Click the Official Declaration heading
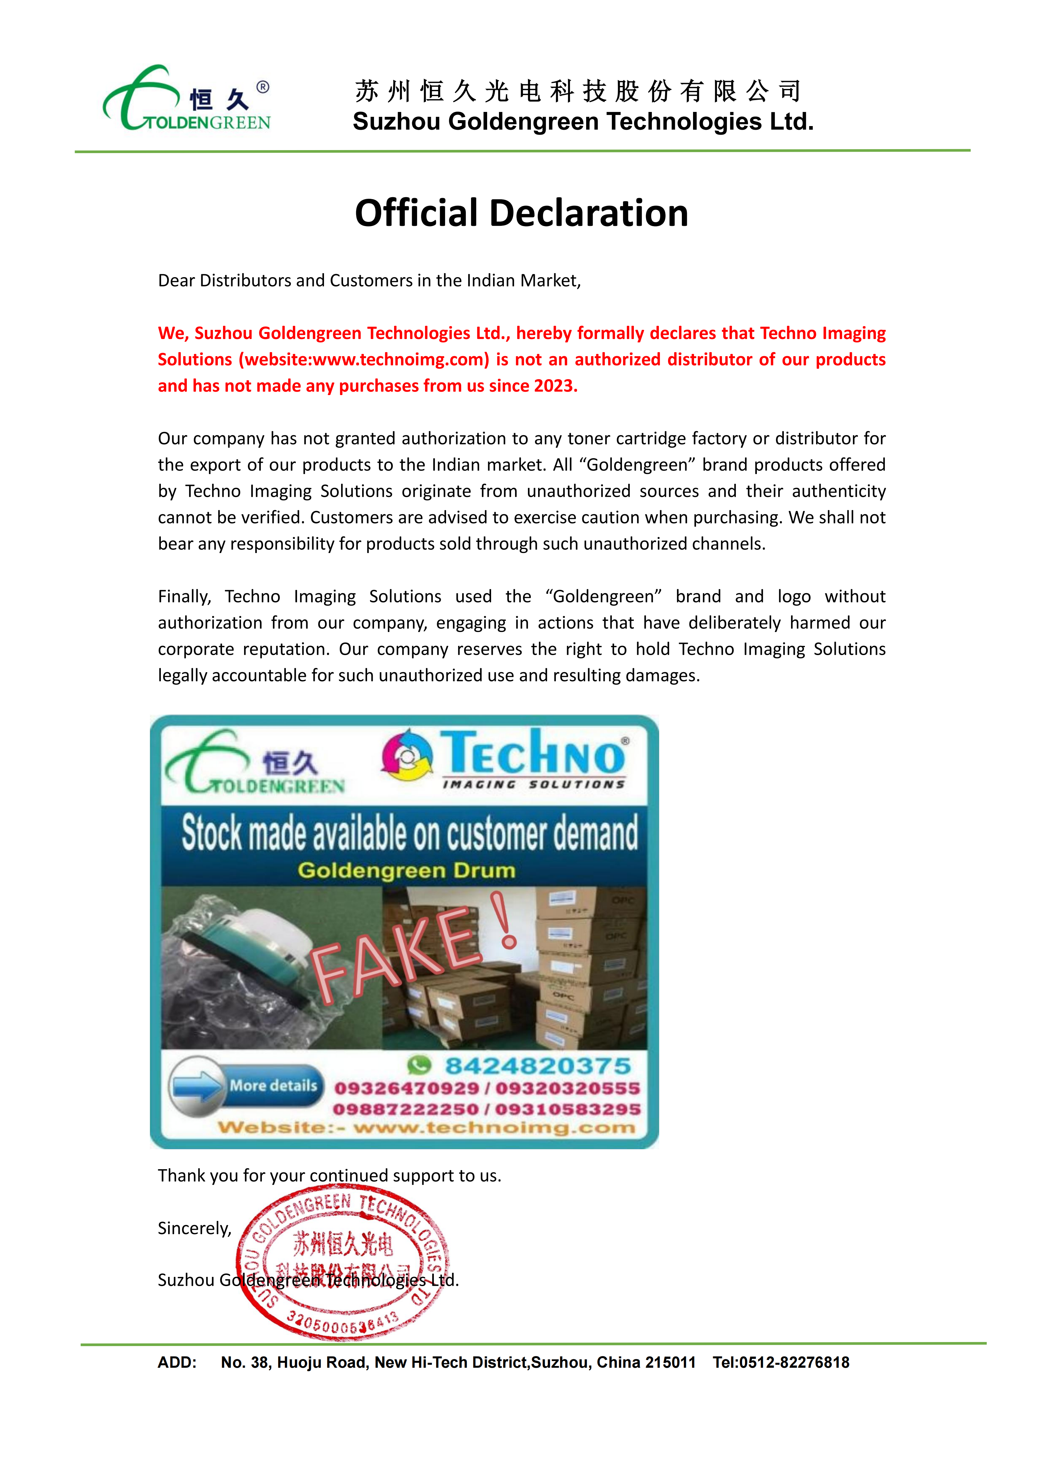tap(521, 213)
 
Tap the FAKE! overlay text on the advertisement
tap(412, 946)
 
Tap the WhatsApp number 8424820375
tap(538, 1066)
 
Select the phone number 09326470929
tap(407, 1089)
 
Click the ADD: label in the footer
tap(177, 1363)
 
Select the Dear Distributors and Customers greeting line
tap(369, 281)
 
